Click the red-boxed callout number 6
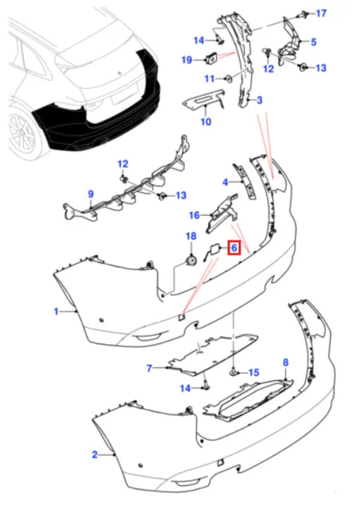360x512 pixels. (x=234, y=248)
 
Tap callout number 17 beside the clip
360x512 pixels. (x=321, y=13)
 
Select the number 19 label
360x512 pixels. (x=186, y=60)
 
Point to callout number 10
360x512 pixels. (x=206, y=121)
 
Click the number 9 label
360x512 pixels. (x=91, y=194)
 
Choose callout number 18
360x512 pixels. (x=191, y=236)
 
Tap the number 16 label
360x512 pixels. (x=194, y=215)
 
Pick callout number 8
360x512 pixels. (x=286, y=362)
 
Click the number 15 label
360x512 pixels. (x=254, y=372)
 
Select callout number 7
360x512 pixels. (x=150, y=368)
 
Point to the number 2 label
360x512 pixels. (x=95, y=454)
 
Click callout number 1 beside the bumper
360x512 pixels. (x=56, y=312)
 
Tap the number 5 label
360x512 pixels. (x=313, y=42)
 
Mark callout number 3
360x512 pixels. (x=260, y=100)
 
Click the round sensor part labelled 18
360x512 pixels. (x=191, y=260)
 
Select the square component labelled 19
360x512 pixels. (x=211, y=59)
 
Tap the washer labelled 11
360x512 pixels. (x=229, y=78)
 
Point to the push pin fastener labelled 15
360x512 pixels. (x=234, y=371)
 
